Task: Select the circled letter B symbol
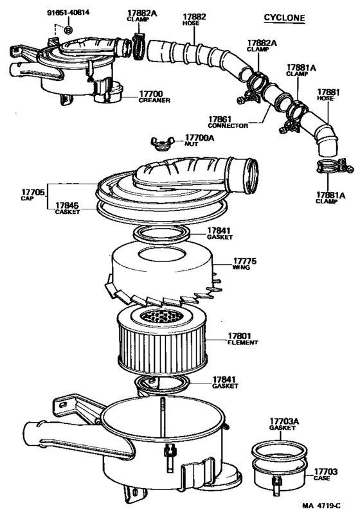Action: click(x=69, y=30)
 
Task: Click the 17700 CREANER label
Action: click(x=154, y=97)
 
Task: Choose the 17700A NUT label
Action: click(x=200, y=141)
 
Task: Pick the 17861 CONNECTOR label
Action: click(x=228, y=122)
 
